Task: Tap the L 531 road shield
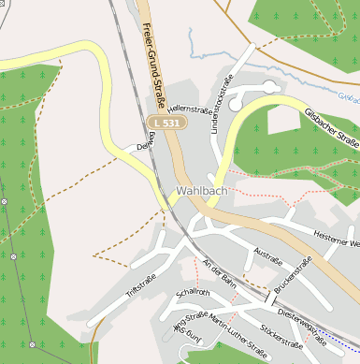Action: click(167, 123)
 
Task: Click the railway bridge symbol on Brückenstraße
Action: click(271, 298)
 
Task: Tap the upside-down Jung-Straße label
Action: click(186, 333)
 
